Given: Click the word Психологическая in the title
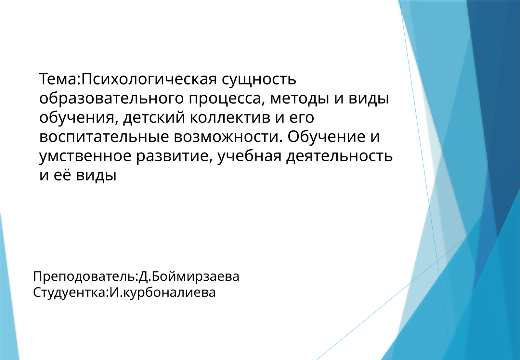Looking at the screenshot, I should click(149, 79).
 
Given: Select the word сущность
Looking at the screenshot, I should click(259, 79).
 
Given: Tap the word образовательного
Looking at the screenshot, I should click(111, 98).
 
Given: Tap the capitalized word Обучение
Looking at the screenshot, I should click(326, 137).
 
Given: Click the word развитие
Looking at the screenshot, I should click(174, 156).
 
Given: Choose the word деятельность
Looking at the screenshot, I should click(339, 156).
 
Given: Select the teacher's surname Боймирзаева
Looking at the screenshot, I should click(195, 277).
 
